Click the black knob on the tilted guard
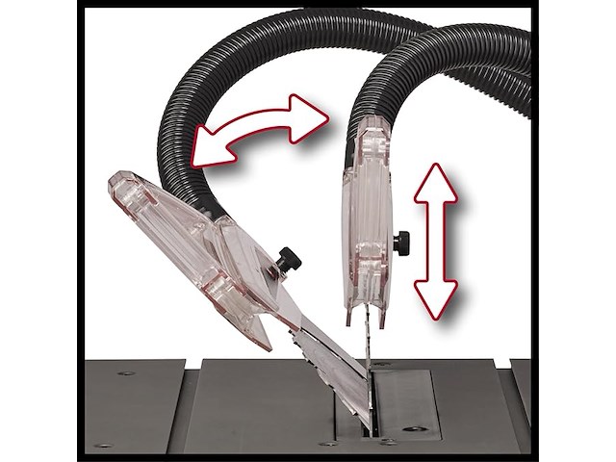287,258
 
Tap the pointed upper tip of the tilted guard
114,181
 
